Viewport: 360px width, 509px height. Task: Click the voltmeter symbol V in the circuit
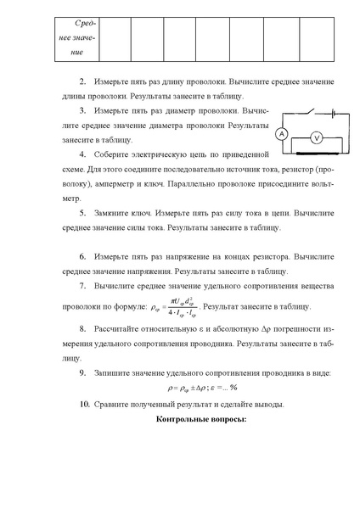[313, 136]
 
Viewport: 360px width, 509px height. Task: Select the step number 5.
[82, 215]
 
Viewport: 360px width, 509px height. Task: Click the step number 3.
[82, 110]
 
